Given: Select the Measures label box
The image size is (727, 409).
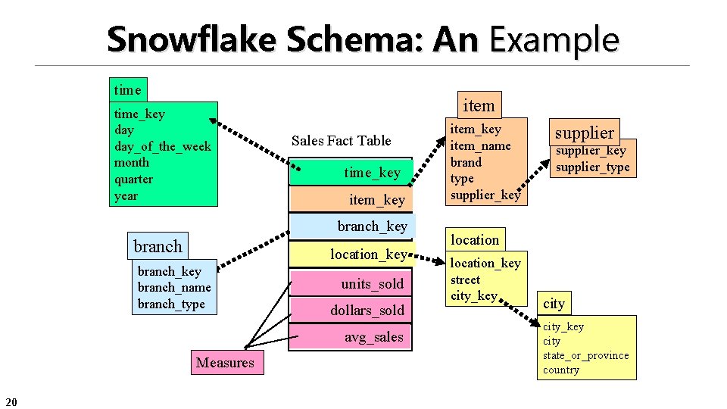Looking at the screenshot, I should click(225, 363).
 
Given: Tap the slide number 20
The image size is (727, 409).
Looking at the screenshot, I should click(11, 401).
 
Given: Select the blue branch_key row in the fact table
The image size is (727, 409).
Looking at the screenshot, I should click(352, 226).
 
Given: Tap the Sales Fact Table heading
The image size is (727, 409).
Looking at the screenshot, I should click(341, 140).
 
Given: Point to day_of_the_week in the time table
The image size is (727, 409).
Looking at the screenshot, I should click(162, 146).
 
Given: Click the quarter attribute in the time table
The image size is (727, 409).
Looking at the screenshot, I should click(133, 180).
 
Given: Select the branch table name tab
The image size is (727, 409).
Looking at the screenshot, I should click(158, 246).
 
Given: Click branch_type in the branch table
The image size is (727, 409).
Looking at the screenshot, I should click(171, 304).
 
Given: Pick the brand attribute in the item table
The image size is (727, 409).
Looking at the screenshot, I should click(466, 162).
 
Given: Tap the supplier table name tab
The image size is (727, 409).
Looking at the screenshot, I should click(584, 133).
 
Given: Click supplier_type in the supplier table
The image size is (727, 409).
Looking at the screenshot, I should click(592, 167).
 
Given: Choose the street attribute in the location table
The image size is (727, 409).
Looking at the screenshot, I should click(465, 279).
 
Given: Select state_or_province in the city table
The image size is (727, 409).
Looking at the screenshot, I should click(585, 356).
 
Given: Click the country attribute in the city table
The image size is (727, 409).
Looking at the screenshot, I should click(560, 370).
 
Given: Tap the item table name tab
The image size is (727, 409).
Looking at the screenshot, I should click(479, 106).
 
